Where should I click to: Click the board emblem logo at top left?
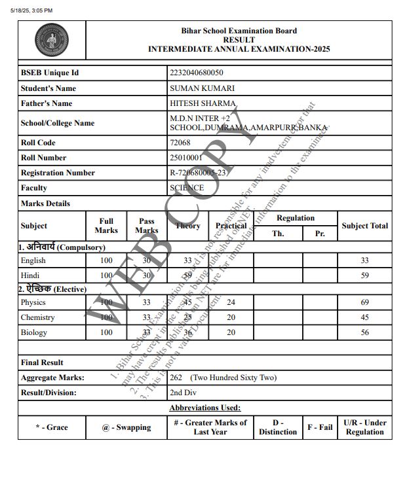point(52,41)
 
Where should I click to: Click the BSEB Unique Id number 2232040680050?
point(196,73)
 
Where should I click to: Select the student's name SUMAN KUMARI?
point(193,88)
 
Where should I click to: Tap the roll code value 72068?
point(180,143)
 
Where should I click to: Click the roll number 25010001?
point(186,158)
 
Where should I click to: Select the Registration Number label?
point(58,173)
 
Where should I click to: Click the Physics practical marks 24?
point(231,302)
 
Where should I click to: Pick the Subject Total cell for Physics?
point(364,302)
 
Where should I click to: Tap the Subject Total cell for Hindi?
point(364,275)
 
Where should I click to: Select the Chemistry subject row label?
point(38,317)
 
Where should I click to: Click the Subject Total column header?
point(364,226)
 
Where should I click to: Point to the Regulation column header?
point(295,219)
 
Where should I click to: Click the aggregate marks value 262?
point(176,378)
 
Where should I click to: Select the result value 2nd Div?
point(184,393)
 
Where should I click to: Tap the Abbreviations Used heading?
point(204,408)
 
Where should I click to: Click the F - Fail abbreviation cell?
point(320,427)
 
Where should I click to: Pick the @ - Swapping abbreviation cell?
point(126,427)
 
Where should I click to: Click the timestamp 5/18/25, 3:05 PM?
point(31,10)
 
